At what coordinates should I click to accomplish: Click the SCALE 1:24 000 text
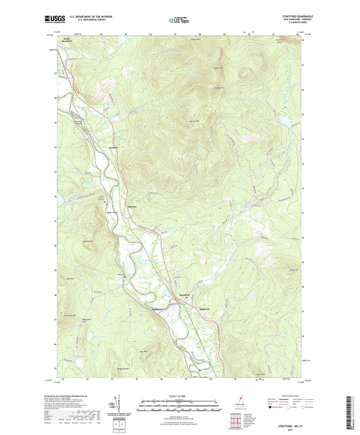181,396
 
